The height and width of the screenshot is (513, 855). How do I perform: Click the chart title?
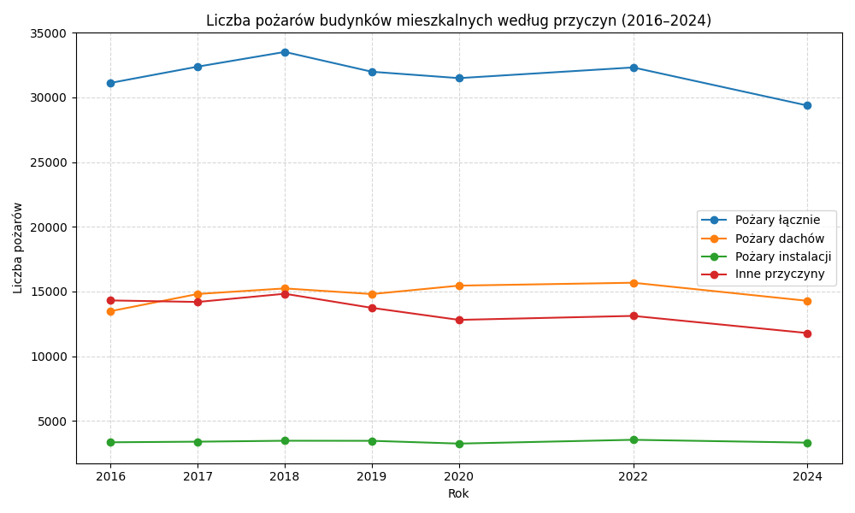(458, 21)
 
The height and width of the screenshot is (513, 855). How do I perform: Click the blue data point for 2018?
(285, 52)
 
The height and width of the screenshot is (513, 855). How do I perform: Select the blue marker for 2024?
(807, 106)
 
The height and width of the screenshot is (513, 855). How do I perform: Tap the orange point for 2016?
(110, 311)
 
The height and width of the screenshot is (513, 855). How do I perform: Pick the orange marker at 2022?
(634, 283)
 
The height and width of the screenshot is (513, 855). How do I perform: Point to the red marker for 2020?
(459, 320)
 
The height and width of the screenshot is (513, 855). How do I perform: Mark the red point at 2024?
(807, 333)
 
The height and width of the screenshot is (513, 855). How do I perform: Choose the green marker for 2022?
(634, 440)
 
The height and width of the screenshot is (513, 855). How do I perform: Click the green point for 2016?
(110, 442)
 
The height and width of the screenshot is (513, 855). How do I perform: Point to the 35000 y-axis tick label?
(49, 33)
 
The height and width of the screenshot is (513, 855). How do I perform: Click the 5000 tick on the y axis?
(52, 422)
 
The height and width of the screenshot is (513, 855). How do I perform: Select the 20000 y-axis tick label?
(49, 227)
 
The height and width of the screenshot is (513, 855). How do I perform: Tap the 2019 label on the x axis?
(372, 476)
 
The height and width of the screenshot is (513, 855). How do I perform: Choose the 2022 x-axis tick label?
(634, 476)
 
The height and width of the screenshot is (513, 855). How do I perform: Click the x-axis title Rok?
(458, 493)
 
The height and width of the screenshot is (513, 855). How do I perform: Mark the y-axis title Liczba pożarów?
(18, 248)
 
